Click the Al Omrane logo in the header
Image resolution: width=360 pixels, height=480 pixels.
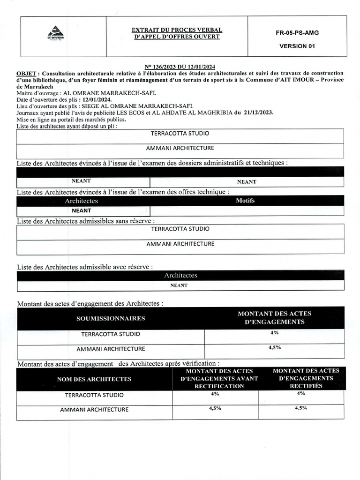pos(56,33)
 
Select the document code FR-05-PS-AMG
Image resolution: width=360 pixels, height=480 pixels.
pos(297,33)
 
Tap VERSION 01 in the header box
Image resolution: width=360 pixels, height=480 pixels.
pos(297,46)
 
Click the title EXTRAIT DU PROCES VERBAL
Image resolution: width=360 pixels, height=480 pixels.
pos(177,30)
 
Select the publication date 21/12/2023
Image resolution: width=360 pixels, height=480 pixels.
pos(259,113)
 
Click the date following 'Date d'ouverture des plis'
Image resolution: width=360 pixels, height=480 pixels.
pos(96,100)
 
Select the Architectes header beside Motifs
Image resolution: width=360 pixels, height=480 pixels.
pos(82,201)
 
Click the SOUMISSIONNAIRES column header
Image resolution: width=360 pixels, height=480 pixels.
pos(111,318)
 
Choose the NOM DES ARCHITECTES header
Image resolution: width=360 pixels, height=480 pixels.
pos(94,379)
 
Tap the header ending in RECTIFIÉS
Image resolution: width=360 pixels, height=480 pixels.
pos(306,378)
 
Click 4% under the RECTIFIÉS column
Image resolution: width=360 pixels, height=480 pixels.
pos(301,394)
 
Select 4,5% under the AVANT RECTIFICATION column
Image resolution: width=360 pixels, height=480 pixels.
pos(215,409)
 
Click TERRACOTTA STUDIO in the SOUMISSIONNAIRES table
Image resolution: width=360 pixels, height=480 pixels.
pos(111,334)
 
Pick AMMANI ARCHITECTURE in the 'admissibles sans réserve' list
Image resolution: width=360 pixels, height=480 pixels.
pos(180,244)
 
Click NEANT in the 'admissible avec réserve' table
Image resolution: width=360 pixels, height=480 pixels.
pos(179,285)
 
